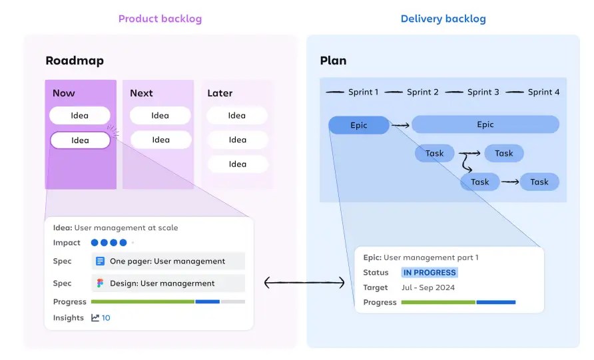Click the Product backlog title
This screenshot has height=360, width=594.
tap(160, 19)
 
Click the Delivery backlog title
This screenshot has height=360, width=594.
tap(443, 19)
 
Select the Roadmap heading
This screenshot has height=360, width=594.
tap(75, 61)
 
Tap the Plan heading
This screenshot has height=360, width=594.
tap(333, 61)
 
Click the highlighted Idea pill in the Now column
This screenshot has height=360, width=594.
tap(80, 140)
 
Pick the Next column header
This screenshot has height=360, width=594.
tap(141, 93)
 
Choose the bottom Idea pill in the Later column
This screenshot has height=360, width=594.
tap(237, 164)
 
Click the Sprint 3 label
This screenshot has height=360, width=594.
tap(483, 92)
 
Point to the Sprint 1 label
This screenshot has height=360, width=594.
tap(363, 92)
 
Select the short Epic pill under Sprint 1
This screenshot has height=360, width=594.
tap(358, 125)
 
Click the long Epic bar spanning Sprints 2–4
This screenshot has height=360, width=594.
tap(485, 124)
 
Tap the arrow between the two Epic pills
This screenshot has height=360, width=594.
tap(400, 125)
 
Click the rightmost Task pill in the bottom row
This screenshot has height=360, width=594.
tap(539, 182)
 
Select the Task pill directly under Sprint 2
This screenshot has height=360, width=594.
tap(434, 154)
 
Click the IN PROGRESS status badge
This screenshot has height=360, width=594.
tap(430, 273)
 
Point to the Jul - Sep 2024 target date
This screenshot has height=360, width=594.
tap(428, 287)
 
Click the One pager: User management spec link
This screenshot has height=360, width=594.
tap(167, 262)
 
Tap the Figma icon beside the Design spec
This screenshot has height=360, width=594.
tap(101, 283)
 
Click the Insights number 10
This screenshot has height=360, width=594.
tap(106, 318)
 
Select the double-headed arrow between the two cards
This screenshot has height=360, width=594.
tap(304, 283)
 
